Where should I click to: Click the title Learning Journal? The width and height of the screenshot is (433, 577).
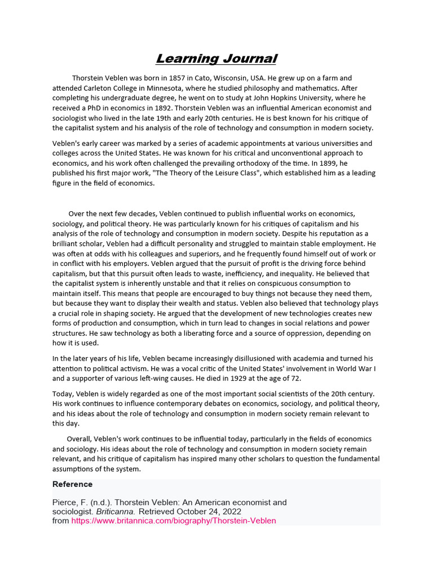click(x=216, y=59)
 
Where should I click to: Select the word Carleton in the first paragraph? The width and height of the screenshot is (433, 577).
click(x=102, y=88)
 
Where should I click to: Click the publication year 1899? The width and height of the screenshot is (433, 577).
click(x=356, y=163)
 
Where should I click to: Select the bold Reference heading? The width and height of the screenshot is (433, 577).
click(x=72, y=484)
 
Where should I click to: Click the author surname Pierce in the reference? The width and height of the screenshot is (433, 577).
click(x=64, y=502)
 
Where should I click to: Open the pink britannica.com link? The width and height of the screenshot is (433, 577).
click(x=174, y=521)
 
